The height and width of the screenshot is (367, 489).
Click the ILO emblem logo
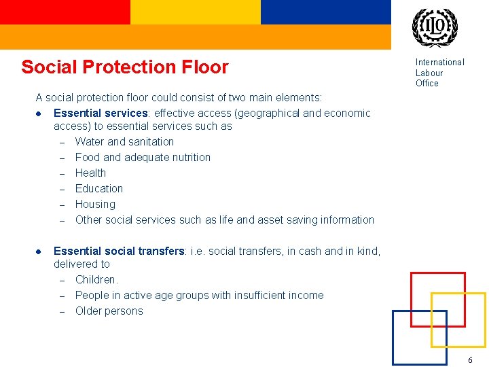point(435,28)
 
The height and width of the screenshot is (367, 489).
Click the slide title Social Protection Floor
point(125,67)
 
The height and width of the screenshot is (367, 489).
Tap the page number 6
point(470,360)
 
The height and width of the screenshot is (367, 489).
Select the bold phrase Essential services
point(101,113)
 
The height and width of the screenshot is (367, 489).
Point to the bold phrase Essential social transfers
point(119,251)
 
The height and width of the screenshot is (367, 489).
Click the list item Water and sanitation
point(124,142)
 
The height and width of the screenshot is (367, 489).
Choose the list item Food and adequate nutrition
point(143,158)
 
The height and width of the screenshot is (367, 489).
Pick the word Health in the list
point(90,173)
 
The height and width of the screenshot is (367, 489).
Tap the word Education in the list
point(99,189)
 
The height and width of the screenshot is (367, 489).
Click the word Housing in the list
point(95,205)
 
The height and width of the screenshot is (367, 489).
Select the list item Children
point(96,280)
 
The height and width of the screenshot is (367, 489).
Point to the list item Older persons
point(109,311)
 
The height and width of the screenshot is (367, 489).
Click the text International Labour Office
point(439,73)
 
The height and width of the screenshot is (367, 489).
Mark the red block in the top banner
point(65,12)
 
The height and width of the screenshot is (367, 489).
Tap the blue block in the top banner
point(326,12)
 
